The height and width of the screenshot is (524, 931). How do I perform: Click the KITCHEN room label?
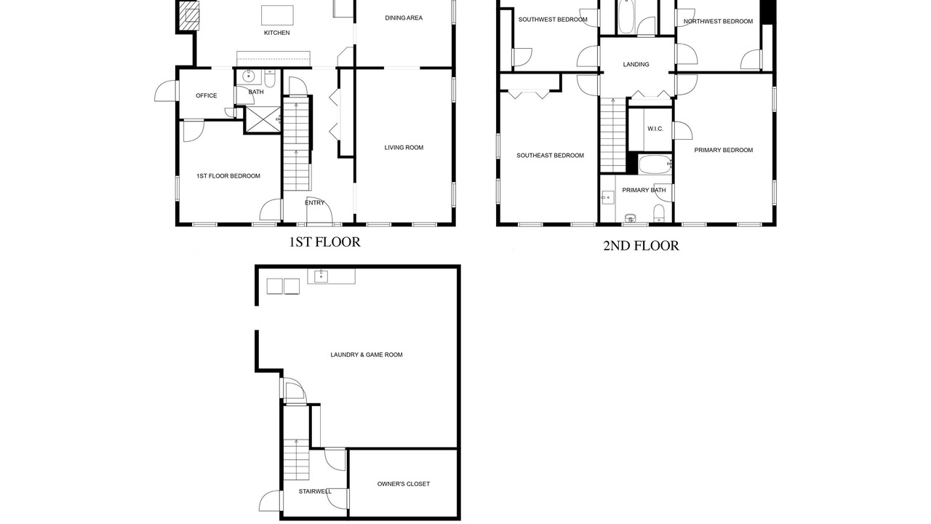pos(277,33)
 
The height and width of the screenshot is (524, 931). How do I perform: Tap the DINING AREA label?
pos(404,18)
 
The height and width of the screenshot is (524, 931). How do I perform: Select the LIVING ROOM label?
pos(404,148)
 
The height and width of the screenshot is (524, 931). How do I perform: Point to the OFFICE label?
pos(206,95)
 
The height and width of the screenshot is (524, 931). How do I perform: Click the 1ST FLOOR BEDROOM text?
pos(228,176)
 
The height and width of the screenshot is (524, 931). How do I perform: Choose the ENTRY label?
pos(314,203)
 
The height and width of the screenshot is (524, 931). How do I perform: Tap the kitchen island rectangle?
pos(277,15)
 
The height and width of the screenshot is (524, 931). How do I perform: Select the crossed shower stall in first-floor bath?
pos(263,120)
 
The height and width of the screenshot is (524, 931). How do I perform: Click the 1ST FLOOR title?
pos(324,242)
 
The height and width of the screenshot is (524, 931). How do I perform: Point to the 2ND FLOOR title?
pos(641,246)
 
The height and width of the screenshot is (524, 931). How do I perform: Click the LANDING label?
pos(636,65)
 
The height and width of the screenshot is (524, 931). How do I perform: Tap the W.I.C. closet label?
pos(655,129)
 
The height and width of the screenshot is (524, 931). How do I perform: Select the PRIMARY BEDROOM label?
pos(723,150)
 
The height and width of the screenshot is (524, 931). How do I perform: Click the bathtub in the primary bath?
pos(655,164)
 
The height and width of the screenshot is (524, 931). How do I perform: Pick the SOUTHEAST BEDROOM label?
pos(550,156)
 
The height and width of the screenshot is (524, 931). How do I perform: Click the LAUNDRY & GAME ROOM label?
pos(366,354)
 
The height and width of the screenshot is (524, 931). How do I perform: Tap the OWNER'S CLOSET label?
pos(403,484)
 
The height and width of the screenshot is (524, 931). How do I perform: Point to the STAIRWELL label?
pos(315,491)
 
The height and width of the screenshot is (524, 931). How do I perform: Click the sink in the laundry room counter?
pos(321,276)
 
